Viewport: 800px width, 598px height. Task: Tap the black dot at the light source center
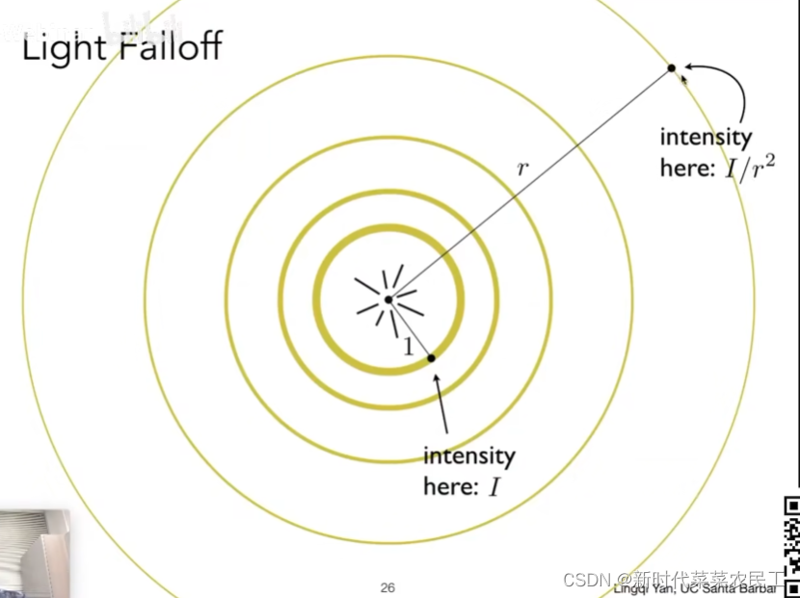[387, 299]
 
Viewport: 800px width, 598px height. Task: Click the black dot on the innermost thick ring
[431, 357]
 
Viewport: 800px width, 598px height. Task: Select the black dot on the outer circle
[672, 67]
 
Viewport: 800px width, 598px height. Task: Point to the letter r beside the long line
[522, 168]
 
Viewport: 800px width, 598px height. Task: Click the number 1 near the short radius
[408, 348]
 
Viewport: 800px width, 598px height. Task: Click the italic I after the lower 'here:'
[494, 487]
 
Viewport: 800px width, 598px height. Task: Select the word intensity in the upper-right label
[705, 137]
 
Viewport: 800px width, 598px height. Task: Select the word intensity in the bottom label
[468, 455]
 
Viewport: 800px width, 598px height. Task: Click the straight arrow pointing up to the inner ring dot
[443, 404]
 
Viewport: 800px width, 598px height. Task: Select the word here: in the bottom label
[450, 486]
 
